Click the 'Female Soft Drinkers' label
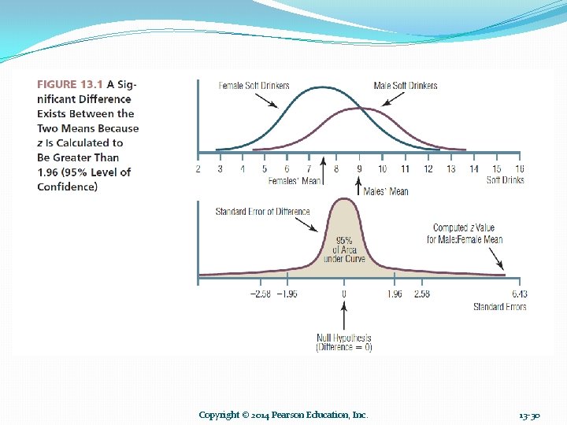[254, 86]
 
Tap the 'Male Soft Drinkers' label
[405, 86]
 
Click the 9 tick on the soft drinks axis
[359, 168]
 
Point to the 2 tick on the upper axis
[198, 168]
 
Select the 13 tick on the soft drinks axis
[450, 168]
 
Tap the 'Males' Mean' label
[386, 191]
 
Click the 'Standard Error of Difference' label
[262, 212]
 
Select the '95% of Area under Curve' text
[344, 249]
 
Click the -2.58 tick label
[261, 294]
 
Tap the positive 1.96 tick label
[395, 294]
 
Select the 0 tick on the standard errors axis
[343, 294]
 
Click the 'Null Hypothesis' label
[343, 338]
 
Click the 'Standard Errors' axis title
[499, 306]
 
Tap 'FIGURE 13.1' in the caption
[69, 84]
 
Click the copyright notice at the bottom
[283, 415]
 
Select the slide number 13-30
[529, 415]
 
